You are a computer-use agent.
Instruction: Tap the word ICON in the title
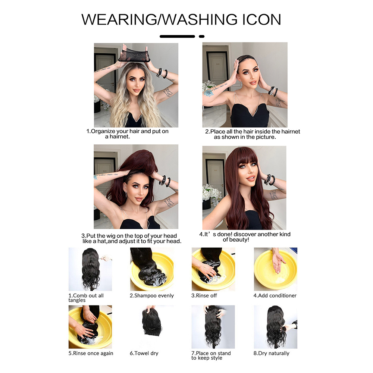(262, 19)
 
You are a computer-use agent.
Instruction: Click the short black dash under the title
(202, 37)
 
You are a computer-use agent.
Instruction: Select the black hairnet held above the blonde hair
(134, 55)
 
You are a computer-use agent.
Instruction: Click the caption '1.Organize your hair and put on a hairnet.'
(127, 134)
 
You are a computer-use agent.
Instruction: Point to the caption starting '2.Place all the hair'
(253, 134)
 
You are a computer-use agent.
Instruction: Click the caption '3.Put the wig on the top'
(131, 238)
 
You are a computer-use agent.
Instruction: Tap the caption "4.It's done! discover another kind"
(245, 237)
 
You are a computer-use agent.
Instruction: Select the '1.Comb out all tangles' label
(86, 298)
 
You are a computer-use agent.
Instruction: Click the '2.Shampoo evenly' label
(152, 295)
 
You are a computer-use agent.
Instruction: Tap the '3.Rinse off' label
(204, 295)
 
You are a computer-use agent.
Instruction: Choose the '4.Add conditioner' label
(275, 295)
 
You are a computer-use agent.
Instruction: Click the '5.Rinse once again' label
(91, 353)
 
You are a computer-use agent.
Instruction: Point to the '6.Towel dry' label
(144, 353)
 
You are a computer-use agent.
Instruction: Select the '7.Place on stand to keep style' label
(211, 355)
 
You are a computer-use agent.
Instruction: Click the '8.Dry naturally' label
(272, 353)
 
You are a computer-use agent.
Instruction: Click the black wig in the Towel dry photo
(151, 323)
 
